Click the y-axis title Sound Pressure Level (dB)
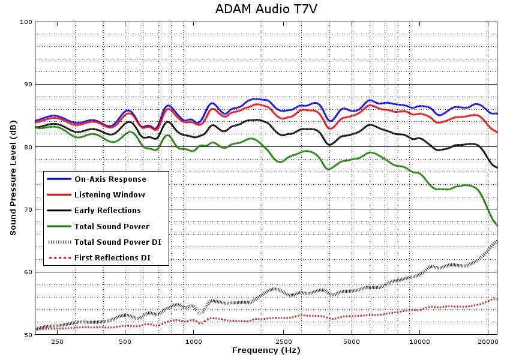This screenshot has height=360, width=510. [13, 178]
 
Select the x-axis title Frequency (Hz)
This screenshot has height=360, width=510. [266, 350]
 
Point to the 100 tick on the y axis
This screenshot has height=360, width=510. [26, 22]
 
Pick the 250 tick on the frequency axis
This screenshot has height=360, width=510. [57, 341]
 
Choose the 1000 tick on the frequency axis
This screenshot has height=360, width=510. [193, 341]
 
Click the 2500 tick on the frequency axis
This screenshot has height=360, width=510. [283, 341]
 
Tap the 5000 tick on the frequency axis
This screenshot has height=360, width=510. [352, 341]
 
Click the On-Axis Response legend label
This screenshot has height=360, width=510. [110, 179]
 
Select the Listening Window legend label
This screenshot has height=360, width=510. [109, 195]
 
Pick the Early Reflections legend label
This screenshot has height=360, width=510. [107, 211]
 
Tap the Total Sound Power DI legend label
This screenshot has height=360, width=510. [117, 242]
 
